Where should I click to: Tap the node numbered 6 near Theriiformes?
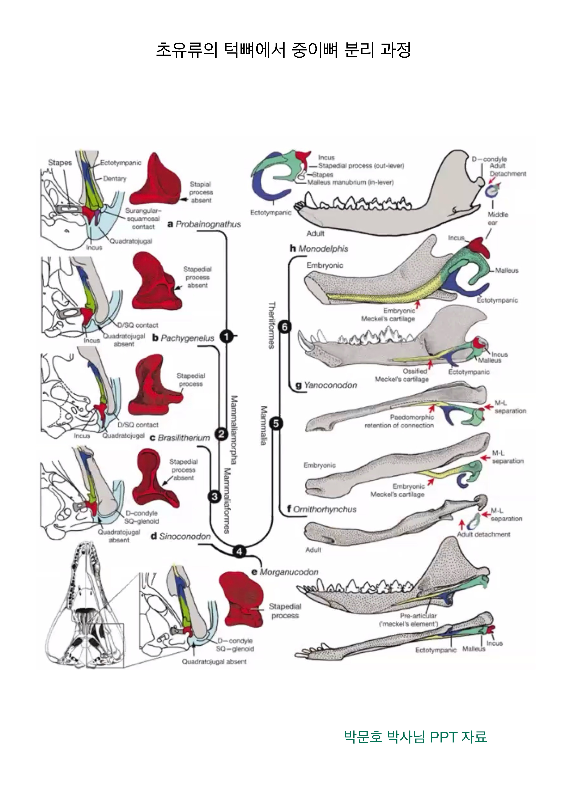pyautogui.click(x=285, y=327)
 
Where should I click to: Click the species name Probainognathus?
pyautogui.click(x=208, y=224)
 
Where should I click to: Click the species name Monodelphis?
pyautogui.click(x=323, y=249)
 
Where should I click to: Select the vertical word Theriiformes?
pyautogui.click(x=272, y=325)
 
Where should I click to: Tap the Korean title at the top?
pyautogui.click(x=283, y=50)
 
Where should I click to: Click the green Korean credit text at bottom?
pyautogui.click(x=415, y=736)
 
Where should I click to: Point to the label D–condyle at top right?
pyautogui.click(x=489, y=159)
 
